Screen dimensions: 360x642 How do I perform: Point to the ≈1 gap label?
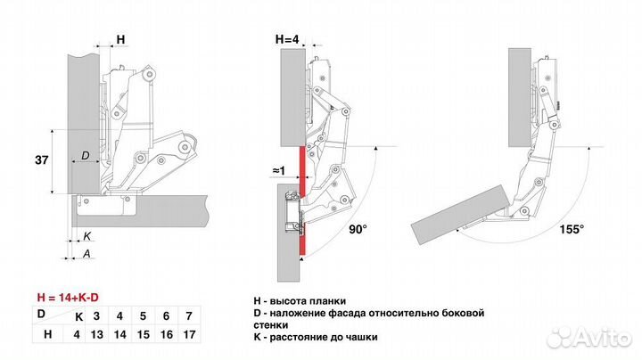[x=279, y=171]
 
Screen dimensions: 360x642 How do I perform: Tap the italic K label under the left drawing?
[x=87, y=236]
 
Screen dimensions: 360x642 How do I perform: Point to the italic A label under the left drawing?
[x=86, y=253]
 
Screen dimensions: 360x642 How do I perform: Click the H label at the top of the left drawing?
[x=120, y=39]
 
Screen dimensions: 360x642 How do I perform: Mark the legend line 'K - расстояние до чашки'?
[x=316, y=337]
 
